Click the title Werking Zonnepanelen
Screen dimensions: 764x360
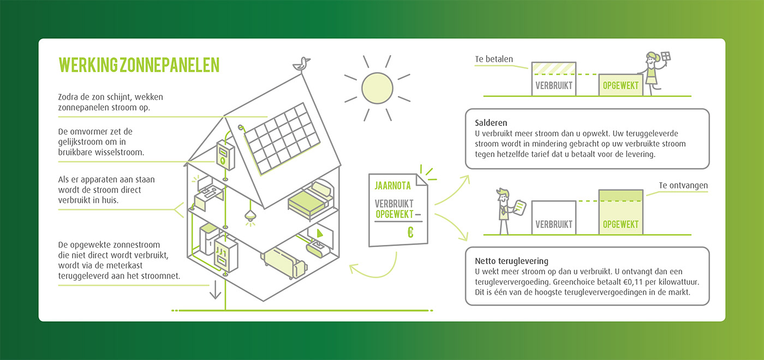[139, 64]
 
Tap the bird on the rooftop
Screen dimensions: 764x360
[301, 63]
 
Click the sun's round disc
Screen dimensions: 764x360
[377, 87]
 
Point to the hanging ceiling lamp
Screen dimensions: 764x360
[250, 216]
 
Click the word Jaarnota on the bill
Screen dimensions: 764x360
[393, 185]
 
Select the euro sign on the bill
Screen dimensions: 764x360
[410, 232]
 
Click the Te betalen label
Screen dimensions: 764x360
[494, 59]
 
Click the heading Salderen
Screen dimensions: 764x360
[491, 123]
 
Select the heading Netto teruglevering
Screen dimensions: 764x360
[511, 261]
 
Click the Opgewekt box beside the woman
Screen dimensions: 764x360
[620, 85]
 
